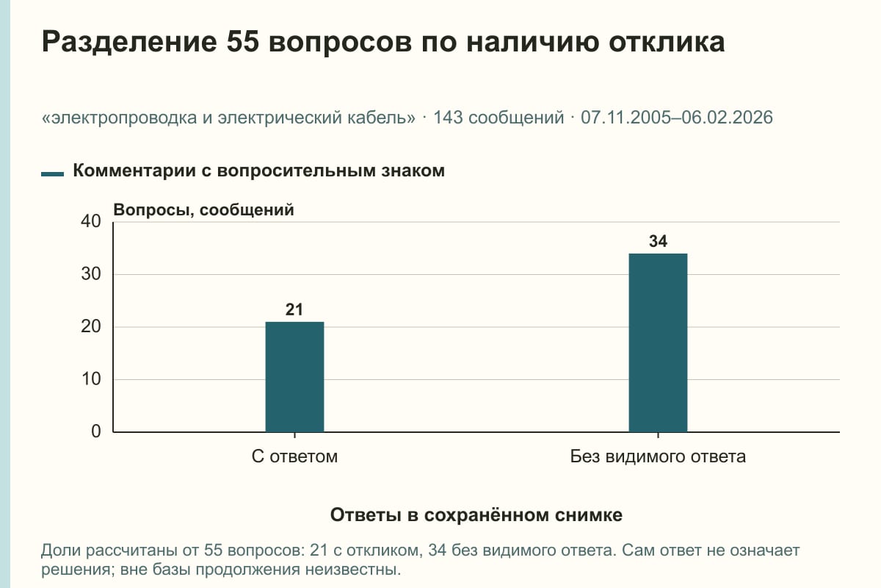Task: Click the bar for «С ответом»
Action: [x=294, y=377]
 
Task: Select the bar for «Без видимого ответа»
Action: [x=658, y=343]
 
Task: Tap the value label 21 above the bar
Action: [x=294, y=309]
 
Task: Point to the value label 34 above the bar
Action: [x=658, y=241]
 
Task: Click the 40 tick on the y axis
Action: [x=91, y=221]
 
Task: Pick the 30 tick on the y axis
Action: [x=91, y=274]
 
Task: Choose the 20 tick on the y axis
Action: [x=91, y=326]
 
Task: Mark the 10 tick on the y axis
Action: [x=91, y=379]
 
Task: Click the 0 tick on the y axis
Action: [x=96, y=431]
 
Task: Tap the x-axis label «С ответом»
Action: [x=294, y=456]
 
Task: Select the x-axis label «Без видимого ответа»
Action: [x=658, y=456]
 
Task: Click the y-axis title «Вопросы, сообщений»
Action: [x=204, y=210]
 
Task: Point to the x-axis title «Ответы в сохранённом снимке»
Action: [x=476, y=514]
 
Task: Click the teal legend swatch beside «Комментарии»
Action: [x=52, y=173]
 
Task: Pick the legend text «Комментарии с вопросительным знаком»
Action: [x=258, y=171]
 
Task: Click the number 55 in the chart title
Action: [x=243, y=42]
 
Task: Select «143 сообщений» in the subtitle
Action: [x=498, y=118]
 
